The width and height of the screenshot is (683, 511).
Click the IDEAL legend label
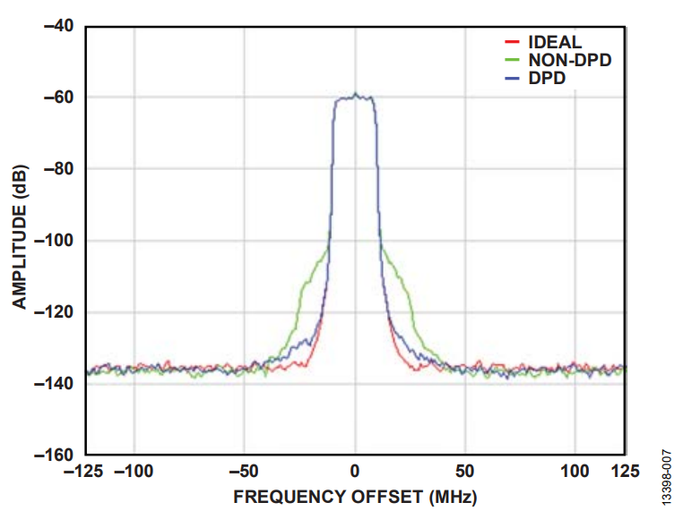[555, 42]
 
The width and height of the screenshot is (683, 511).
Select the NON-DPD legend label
[575, 61]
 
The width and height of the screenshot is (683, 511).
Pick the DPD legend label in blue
[547, 80]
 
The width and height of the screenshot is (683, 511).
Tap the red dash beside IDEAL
[513, 42]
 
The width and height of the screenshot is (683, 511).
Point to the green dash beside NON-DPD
[513, 61]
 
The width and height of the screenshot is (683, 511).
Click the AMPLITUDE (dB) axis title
[19, 236]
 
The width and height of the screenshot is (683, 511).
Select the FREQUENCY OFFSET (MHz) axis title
[355, 495]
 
